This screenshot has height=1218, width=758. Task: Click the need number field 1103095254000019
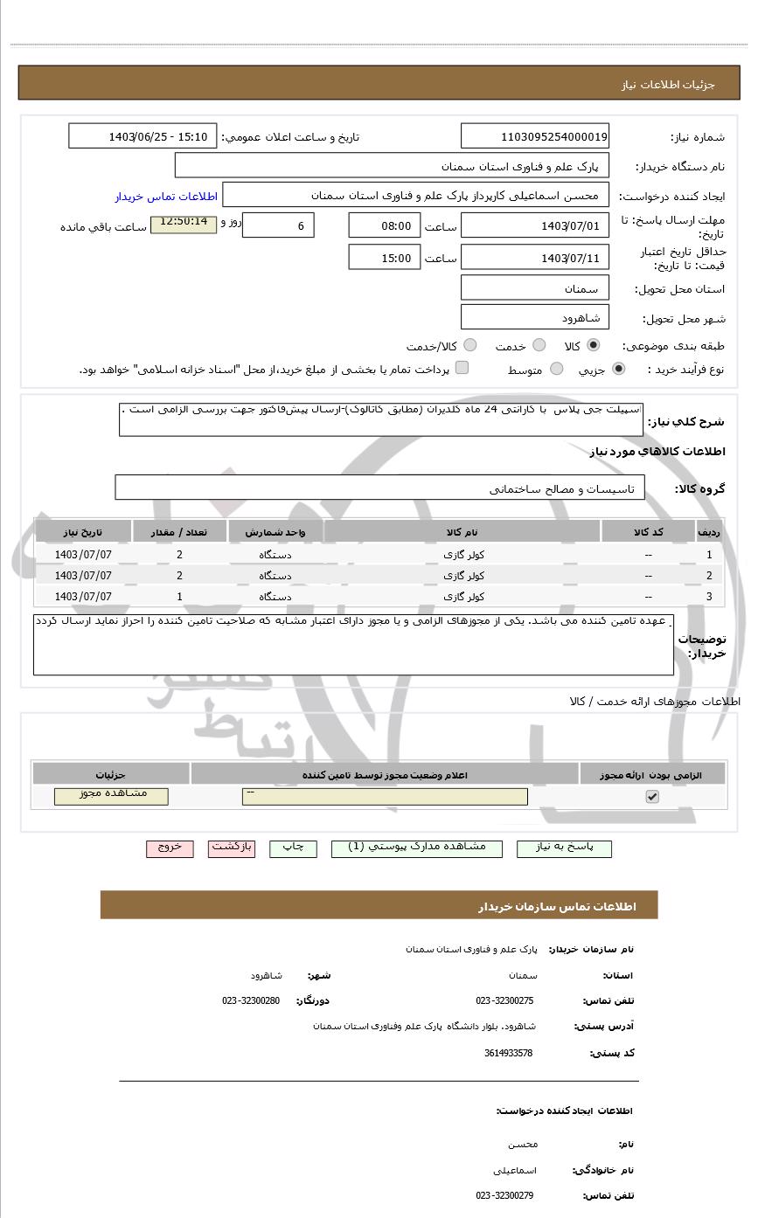point(535,136)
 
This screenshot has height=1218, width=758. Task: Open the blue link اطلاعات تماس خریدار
point(166,197)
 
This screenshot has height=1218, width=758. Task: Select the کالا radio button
point(594,345)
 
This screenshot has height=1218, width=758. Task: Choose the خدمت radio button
point(539,345)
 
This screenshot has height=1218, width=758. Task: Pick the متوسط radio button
point(556,370)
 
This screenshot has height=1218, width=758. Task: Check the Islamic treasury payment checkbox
point(462,368)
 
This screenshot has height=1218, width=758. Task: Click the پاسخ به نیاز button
point(564,848)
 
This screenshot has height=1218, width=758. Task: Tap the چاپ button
point(293,848)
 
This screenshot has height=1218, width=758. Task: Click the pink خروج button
point(170,848)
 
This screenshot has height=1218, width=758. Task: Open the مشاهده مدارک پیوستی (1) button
point(417,848)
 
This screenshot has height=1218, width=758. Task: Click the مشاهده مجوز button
point(111,796)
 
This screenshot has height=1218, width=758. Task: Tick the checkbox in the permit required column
point(651,796)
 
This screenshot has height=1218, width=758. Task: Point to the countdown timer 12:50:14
point(184,224)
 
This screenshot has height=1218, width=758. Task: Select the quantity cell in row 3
point(179,597)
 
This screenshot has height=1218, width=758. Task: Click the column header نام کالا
point(462,532)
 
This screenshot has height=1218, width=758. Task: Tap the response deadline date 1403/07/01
point(535,225)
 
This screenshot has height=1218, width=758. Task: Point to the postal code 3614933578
point(508,1053)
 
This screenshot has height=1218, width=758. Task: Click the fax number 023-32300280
point(251,1000)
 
